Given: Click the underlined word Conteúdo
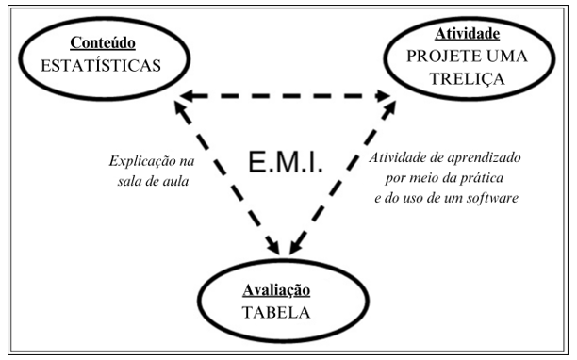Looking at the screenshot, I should pos(102,43).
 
